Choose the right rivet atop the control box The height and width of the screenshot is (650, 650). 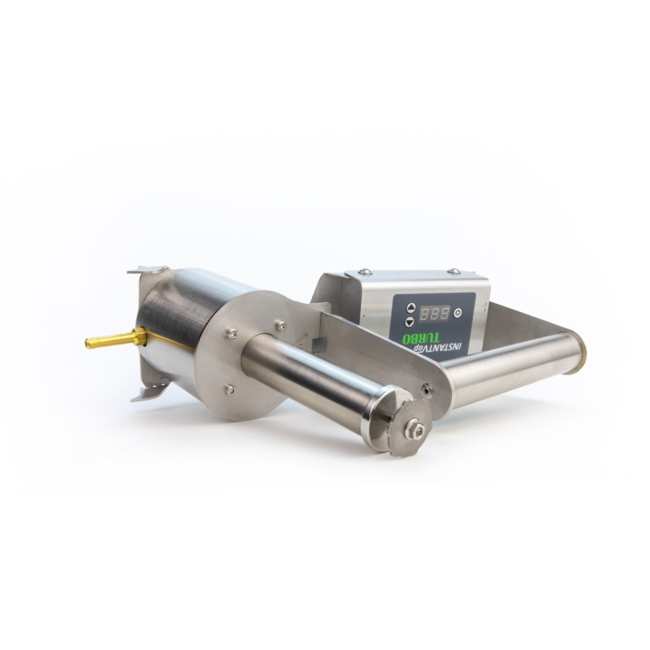[x=454, y=271]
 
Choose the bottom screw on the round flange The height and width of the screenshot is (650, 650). [x=231, y=389]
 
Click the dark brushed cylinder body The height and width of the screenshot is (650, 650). [x=175, y=325]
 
